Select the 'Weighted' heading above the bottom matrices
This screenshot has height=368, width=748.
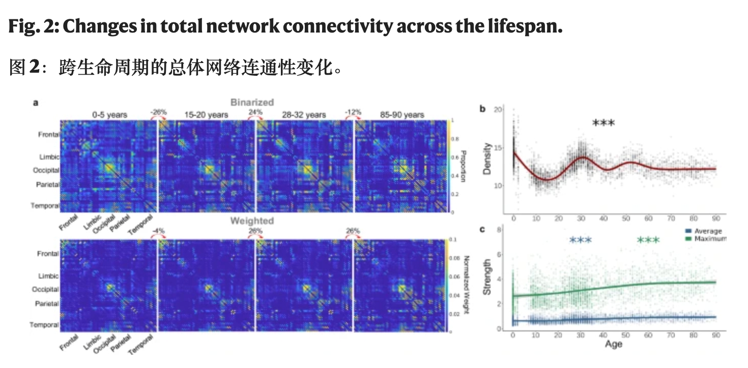[252, 221]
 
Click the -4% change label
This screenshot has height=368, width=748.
[158, 231]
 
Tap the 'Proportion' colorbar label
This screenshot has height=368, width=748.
[464, 164]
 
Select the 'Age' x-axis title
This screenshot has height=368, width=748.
[614, 344]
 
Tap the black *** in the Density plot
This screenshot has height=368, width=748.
[604, 124]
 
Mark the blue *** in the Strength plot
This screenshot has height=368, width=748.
[581, 240]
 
